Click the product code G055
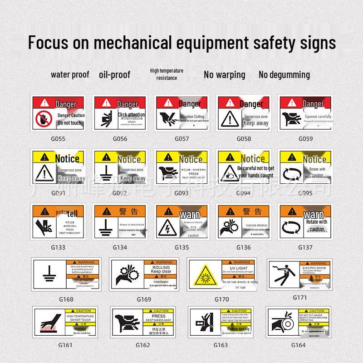click(x=58, y=138)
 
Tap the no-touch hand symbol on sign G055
click(x=44, y=119)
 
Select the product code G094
click(x=243, y=193)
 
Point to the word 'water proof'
click(x=70, y=74)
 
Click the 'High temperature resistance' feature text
click(x=167, y=74)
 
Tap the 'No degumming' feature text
click(x=284, y=74)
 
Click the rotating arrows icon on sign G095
click(x=291, y=173)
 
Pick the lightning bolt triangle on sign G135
click(x=167, y=228)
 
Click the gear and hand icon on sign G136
click(x=229, y=228)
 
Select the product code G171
click(x=300, y=298)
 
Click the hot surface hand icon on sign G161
click(x=49, y=323)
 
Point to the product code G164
click(x=298, y=345)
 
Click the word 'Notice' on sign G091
click(x=67, y=158)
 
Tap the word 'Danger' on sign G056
click(x=128, y=104)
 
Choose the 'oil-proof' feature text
click(x=114, y=74)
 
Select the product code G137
click(x=305, y=247)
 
